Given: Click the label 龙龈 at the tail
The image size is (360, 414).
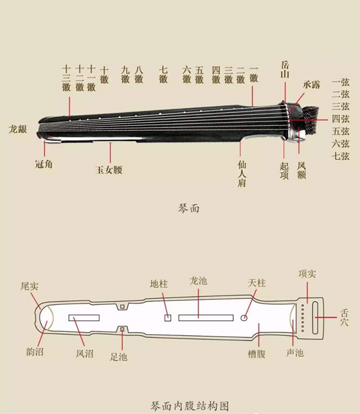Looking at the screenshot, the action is click(x=18, y=129).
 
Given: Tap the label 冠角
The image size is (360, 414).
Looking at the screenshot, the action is click(x=44, y=164).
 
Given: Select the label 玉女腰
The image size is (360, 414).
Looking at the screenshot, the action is click(x=109, y=170).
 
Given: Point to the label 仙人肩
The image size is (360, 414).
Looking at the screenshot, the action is click(x=242, y=174).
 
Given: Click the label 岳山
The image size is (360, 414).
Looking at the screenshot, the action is click(x=285, y=70).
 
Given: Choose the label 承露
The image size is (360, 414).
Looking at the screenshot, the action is click(x=312, y=84).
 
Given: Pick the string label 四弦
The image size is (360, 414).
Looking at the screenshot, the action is click(x=341, y=119).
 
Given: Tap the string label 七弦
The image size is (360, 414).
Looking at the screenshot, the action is click(x=341, y=156).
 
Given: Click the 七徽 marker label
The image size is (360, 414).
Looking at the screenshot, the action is click(x=163, y=75).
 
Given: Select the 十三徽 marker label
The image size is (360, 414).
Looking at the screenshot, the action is click(x=66, y=79).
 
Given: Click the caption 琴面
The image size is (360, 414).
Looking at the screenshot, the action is click(x=188, y=209).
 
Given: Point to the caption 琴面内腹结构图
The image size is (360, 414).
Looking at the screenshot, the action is click(x=190, y=406).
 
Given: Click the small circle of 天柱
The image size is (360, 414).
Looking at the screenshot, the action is click(x=244, y=318).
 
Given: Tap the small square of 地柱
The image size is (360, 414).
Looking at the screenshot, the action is click(x=168, y=318).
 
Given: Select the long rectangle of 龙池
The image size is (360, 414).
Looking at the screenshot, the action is click(x=206, y=318).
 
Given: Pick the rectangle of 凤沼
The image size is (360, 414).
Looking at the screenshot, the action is click(x=84, y=318).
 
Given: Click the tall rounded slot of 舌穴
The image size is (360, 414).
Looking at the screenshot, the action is click(x=315, y=318).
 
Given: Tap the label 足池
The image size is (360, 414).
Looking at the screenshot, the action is click(x=119, y=357).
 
